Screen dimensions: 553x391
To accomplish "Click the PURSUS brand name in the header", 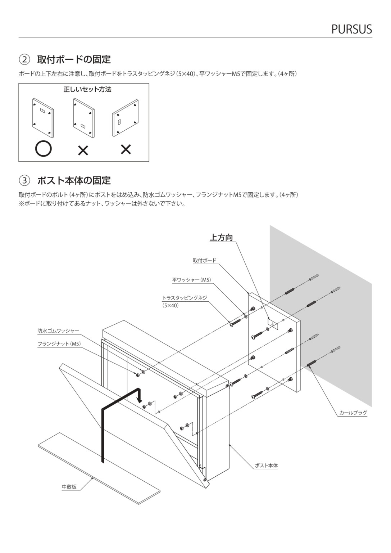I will (x=351, y=29).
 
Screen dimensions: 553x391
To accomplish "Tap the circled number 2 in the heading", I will (x=24, y=59).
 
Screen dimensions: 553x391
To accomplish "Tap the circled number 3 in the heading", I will (x=24, y=180).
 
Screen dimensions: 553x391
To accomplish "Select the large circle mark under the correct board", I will (x=43, y=149).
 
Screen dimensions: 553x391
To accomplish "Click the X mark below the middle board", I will (x=83, y=150).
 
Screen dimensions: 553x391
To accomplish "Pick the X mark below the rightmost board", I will (x=126, y=149).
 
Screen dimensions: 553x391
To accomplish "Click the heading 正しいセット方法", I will (x=87, y=90).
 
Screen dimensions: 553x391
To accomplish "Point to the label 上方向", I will (x=221, y=238).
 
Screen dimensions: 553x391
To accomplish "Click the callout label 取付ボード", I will (x=204, y=261).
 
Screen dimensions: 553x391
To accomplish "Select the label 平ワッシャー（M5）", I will (x=191, y=280).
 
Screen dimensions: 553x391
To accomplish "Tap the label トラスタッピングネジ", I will (x=185, y=298).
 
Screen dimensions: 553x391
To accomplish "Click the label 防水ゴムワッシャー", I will (x=58, y=331).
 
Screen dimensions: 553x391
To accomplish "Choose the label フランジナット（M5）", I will (x=59, y=344).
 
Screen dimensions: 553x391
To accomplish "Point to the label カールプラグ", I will (x=353, y=413).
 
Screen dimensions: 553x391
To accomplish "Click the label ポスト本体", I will (x=266, y=466).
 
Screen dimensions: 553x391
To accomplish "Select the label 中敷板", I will (x=69, y=487).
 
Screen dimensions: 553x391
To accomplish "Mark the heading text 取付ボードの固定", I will (x=74, y=59).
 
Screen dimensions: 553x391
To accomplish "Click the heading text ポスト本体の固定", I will (x=74, y=180).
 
